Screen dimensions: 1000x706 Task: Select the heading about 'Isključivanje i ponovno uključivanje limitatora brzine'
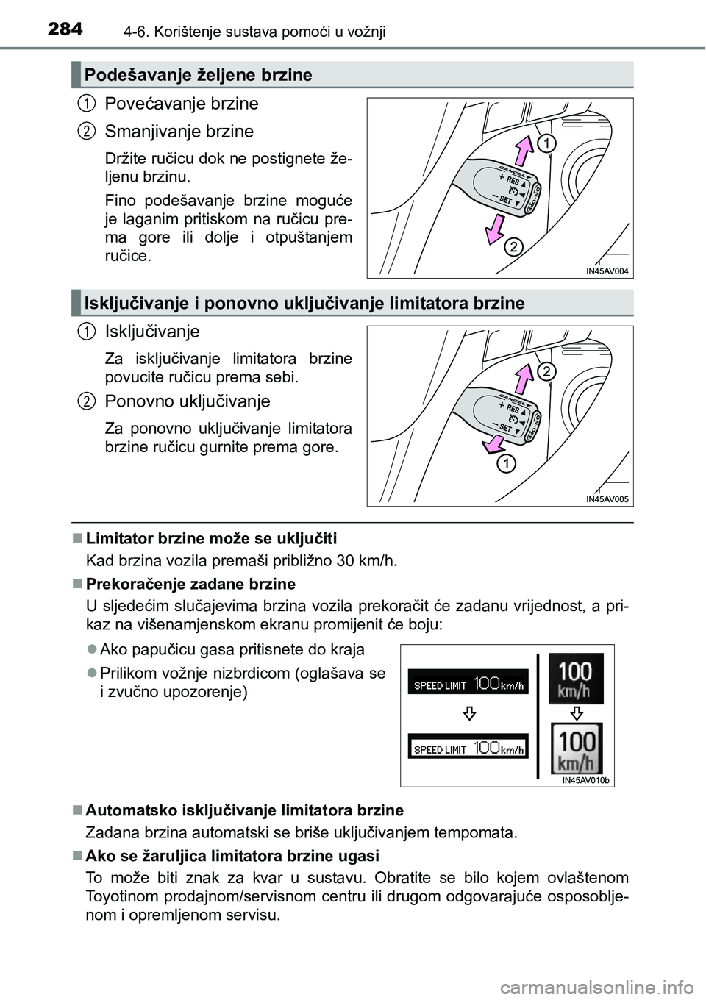(x=304, y=303)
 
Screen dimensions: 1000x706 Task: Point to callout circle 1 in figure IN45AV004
(x=544, y=141)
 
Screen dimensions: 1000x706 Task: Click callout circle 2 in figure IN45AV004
(x=513, y=248)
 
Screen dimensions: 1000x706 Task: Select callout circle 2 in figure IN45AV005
(x=546, y=370)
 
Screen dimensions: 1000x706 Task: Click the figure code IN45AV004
(x=607, y=271)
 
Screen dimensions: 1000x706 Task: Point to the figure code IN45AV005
(x=607, y=499)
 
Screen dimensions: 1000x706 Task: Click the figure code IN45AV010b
(x=586, y=781)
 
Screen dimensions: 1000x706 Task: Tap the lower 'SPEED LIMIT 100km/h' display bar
(x=468, y=747)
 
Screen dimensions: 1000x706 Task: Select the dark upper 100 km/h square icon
(x=577, y=678)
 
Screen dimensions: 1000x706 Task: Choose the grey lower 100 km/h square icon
(x=577, y=749)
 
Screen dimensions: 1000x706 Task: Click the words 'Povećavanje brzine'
(x=182, y=103)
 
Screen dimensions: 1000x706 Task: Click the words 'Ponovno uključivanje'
(x=188, y=401)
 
